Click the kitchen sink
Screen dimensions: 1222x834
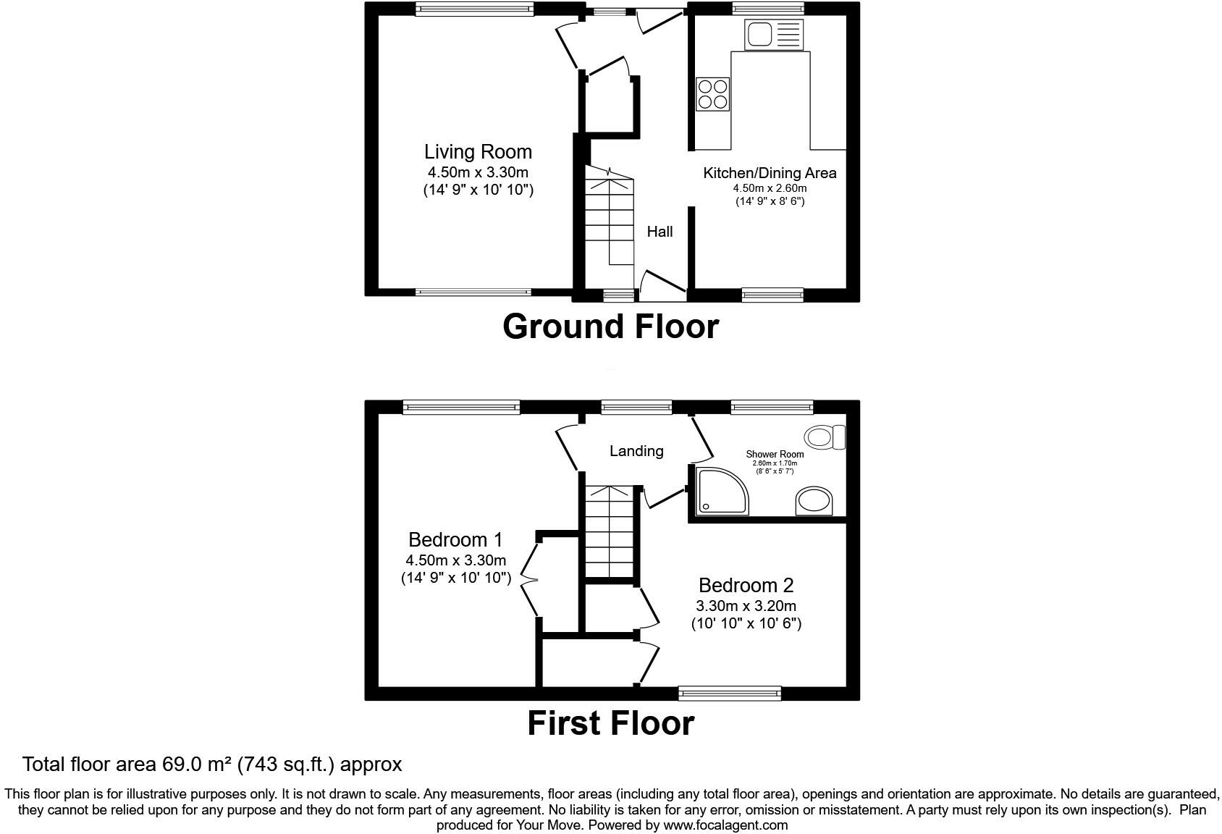tap(773, 34)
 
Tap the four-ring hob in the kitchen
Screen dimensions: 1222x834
tap(712, 94)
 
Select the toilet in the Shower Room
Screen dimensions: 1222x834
tap(825, 437)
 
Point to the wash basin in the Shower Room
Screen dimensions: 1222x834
tap(814, 501)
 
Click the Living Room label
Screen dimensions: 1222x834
tap(478, 151)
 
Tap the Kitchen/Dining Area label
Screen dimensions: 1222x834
tap(770, 173)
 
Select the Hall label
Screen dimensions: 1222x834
tap(660, 232)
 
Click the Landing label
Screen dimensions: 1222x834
tap(636, 451)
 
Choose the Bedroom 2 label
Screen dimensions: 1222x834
tap(746, 585)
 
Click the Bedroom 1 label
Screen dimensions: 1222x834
tap(455, 539)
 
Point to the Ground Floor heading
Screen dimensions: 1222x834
tap(610, 327)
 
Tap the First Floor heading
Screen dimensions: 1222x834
tap(610, 723)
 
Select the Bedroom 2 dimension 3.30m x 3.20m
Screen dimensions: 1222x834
tap(746, 606)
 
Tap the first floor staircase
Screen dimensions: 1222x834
tap(610, 531)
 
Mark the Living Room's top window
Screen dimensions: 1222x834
tap(474, 8)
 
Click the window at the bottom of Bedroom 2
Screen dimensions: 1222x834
tap(730, 693)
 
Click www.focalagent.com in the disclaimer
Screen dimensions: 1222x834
tap(725, 825)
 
